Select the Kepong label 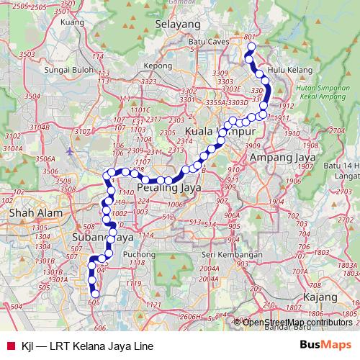pos(158,65)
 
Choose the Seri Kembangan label pos(231,255)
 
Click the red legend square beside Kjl pos(10,346)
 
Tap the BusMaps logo pos(326,345)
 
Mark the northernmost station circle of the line pos(251,48)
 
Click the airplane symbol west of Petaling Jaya pos(69,152)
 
